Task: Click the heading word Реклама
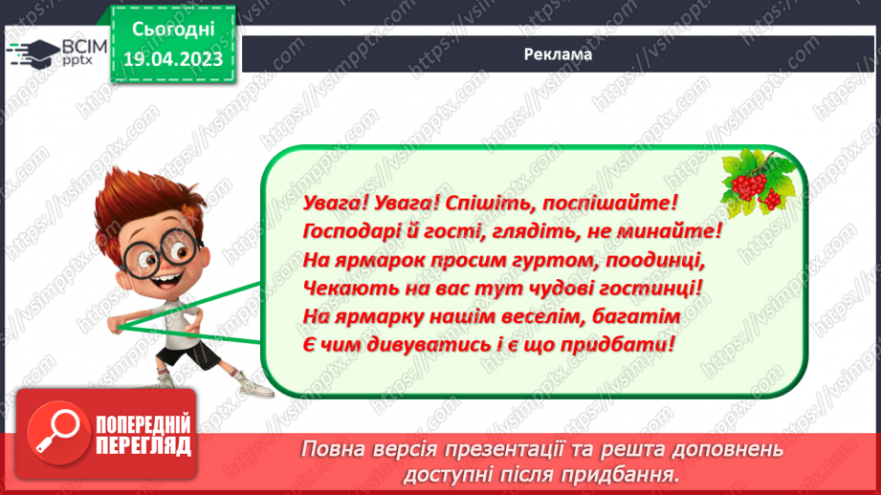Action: coord(559,54)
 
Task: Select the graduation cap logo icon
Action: coord(33,50)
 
